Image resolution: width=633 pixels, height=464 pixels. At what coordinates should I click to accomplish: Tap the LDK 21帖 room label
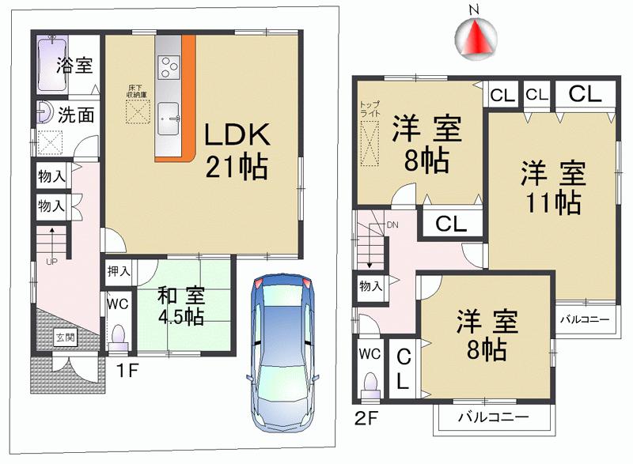click(237, 150)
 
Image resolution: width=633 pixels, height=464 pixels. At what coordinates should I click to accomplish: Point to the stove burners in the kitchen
click(169, 66)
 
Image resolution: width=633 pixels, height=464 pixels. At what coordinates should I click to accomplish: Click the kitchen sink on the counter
click(169, 119)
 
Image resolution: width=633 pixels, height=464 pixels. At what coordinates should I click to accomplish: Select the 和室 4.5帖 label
click(184, 307)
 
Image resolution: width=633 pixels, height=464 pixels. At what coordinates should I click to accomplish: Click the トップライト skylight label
click(369, 109)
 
